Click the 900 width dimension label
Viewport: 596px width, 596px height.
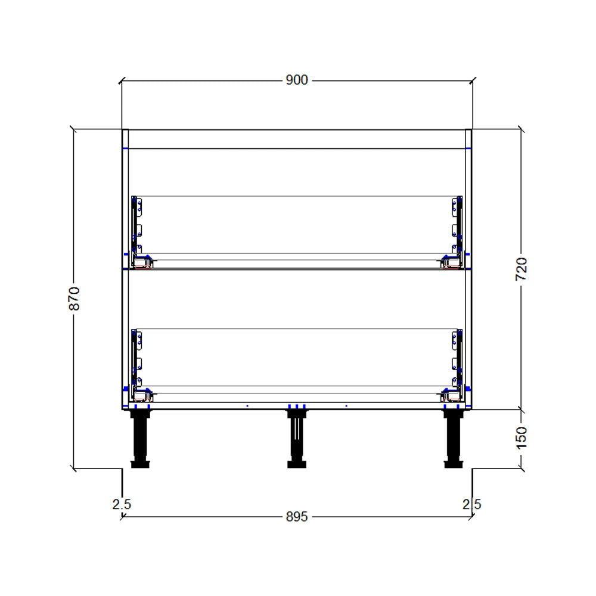coord(296,80)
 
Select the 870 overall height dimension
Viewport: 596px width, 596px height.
coord(74,298)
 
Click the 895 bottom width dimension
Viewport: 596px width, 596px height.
coord(296,517)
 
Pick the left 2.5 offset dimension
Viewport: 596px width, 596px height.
coord(121,504)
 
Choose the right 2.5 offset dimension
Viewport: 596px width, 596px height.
coord(472,504)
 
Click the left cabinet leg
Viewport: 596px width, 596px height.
coord(141,438)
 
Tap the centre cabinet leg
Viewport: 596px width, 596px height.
coord(296,438)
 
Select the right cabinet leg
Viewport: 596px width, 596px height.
coord(452,438)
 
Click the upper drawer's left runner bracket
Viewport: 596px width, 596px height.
coord(138,229)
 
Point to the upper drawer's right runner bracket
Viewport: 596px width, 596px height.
coord(456,229)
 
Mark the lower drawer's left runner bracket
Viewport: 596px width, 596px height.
coord(138,361)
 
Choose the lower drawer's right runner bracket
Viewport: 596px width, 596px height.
coord(456,361)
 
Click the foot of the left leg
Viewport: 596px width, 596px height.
coord(141,464)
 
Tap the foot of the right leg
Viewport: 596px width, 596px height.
coord(452,464)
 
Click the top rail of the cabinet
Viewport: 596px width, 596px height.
coord(296,139)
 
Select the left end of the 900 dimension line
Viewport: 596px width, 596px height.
coord(122,80)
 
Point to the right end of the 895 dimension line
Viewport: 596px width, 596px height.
coord(472,517)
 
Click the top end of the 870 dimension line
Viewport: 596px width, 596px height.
coord(74,130)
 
